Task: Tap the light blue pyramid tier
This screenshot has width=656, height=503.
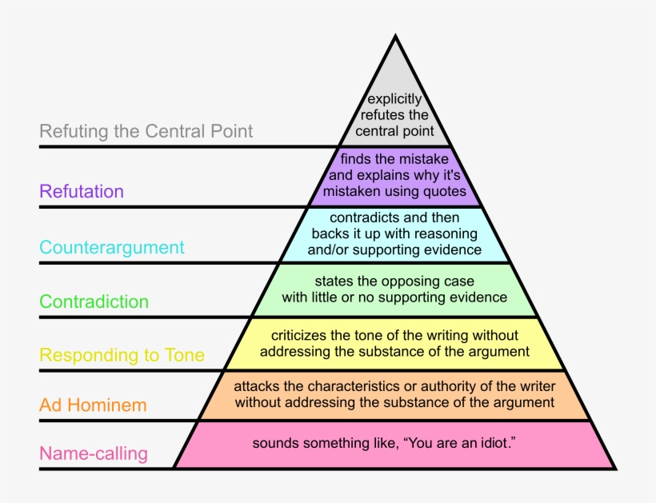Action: pyautogui.click(x=395, y=234)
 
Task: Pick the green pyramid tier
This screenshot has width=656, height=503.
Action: pyautogui.click(x=394, y=289)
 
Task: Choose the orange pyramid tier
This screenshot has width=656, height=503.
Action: pyautogui.click(x=394, y=395)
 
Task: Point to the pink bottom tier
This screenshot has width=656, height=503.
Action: pyautogui.click(x=394, y=444)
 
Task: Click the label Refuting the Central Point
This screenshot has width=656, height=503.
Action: pyautogui.click(x=146, y=131)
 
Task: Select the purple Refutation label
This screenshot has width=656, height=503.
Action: pyautogui.click(x=82, y=191)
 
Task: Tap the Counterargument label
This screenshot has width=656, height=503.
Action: pyautogui.click(x=112, y=247)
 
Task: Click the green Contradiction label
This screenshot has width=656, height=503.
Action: pyautogui.click(x=94, y=301)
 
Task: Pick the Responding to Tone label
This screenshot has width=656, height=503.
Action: pyautogui.click(x=122, y=355)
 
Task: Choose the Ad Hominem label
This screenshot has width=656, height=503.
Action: pyautogui.click(x=93, y=405)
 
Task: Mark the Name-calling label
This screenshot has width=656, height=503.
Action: pyautogui.click(x=94, y=454)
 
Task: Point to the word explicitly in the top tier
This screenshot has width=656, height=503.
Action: pyautogui.click(x=395, y=100)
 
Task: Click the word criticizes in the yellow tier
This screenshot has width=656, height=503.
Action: pyautogui.click(x=299, y=336)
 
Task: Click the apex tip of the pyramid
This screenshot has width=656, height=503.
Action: pyautogui.click(x=395, y=36)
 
